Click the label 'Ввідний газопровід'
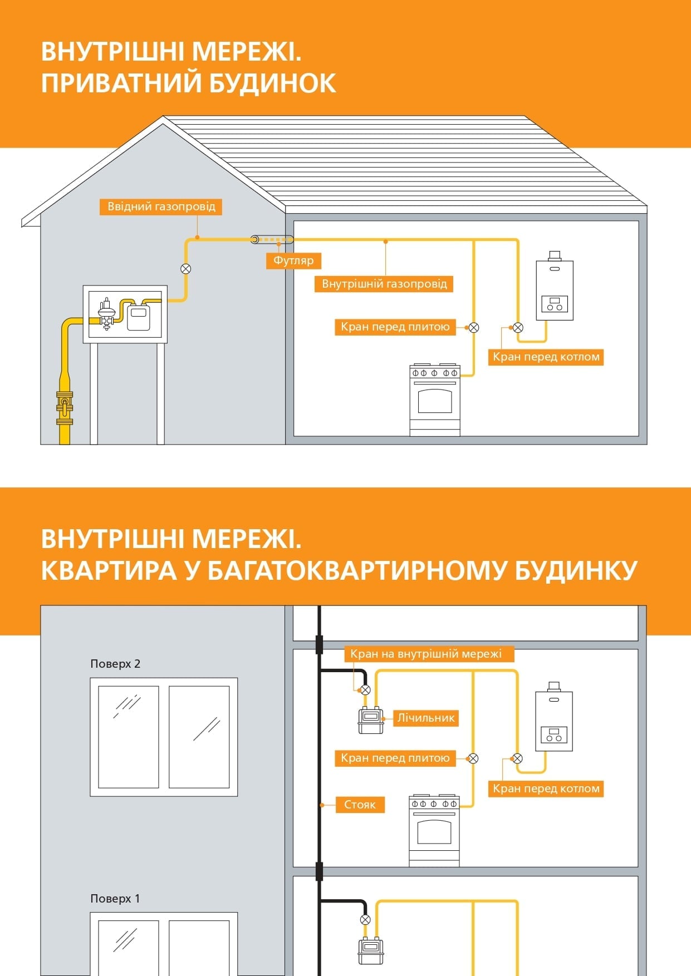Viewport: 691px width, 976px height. pyautogui.click(x=161, y=206)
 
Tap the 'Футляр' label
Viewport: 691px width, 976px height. pyautogui.click(x=293, y=260)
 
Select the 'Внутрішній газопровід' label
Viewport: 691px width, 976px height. pyautogui.click(x=384, y=284)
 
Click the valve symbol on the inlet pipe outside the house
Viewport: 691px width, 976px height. pyautogui.click(x=186, y=269)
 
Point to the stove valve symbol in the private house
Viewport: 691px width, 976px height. pyautogui.click(x=474, y=328)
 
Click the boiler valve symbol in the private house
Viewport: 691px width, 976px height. pyautogui.click(x=518, y=328)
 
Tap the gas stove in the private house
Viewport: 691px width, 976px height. pyautogui.click(x=435, y=400)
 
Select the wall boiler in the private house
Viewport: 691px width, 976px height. pyautogui.click(x=555, y=286)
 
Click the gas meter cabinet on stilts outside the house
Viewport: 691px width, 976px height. pyautogui.click(x=125, y=314)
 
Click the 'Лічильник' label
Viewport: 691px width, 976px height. pyautogui.click(x=426, y=718)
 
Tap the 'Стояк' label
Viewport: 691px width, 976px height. pyautogui.click(x=360, y=805)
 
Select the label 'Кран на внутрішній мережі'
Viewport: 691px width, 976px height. pyautogui.click(x=426, y=654)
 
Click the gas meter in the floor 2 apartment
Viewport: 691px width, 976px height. pyautogui.click(x=371, y=721)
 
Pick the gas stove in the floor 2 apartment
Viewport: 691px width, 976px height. pyautogui.click(x=434, y=830)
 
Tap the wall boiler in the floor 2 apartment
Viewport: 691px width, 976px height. pyautogui.click(x=554, y=717)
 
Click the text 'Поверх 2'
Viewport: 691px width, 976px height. pyautogui.click(x=115, y=664)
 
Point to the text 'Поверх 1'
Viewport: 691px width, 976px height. pyautogui.click(x=115, y=899)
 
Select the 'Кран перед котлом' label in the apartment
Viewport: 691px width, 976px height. pyautogui.click(x=546, y=788)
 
